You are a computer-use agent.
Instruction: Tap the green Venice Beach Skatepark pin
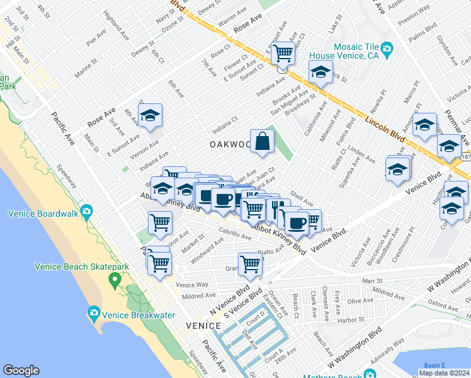(115, 278)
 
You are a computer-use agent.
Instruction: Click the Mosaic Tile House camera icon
(387, 48)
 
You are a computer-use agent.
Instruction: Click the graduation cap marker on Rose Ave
(150, 116)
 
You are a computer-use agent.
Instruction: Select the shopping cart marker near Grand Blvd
(250, 264)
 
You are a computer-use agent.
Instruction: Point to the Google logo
(21, 370)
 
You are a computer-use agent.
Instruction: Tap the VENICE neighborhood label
(203, 326)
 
